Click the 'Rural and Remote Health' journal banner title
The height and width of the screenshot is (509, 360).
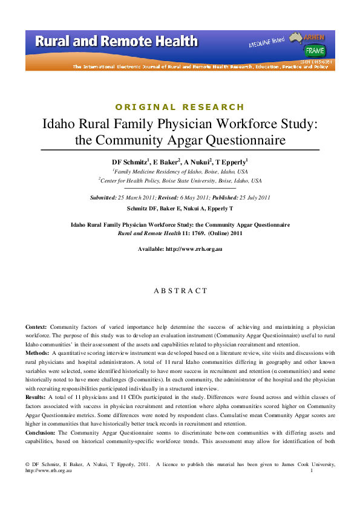116,42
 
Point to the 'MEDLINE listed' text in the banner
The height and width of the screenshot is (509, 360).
266,42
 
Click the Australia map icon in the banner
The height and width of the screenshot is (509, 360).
297,39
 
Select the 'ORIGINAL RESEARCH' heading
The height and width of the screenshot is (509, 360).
180,107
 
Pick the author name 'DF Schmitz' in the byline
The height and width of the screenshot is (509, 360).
129,163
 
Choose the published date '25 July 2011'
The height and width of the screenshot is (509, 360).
249,198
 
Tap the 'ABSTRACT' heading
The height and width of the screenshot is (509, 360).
180,291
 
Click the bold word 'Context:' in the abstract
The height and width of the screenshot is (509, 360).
36,327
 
